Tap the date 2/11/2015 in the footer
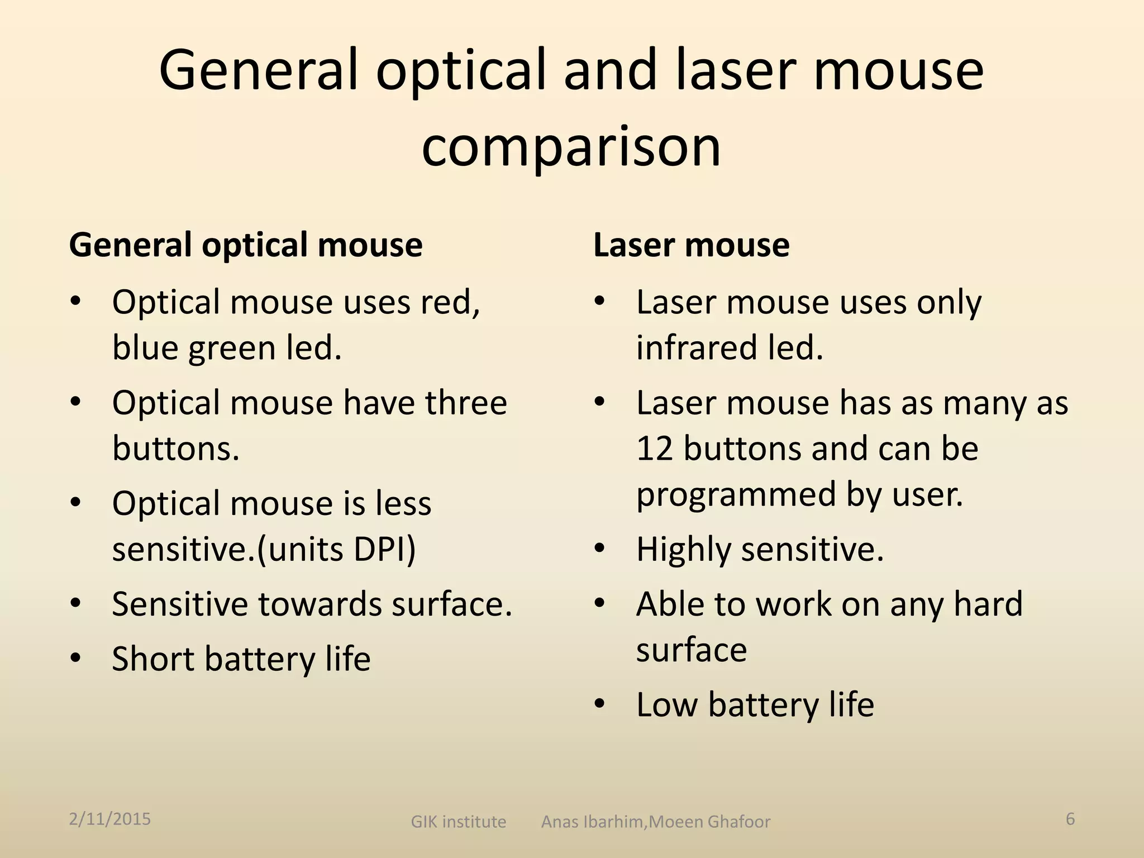tap(110, 819)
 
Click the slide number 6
tap(1070, 819)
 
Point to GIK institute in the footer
tap(458, 822)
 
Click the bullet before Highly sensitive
tap(599, 549)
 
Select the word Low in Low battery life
tap(667, 704)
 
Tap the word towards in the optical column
tap(320, 604)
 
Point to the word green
tap(232, 347)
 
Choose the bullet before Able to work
tap(599, 603)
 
